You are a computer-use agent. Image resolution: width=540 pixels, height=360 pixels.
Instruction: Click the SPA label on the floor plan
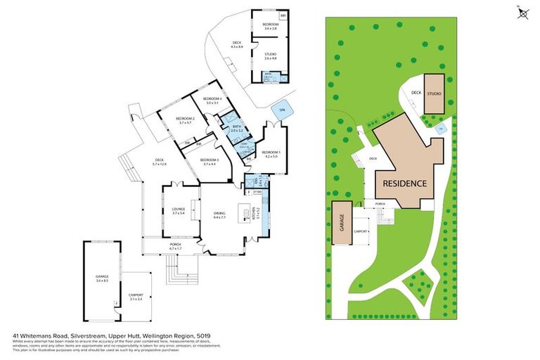[x=282, y=110]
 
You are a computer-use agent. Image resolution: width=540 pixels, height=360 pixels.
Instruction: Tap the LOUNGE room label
[x=178, y=208]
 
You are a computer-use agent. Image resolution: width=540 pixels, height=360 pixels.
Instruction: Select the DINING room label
[x=219, y=214]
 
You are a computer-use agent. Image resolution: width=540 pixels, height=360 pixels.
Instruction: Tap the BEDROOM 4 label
[x=212, y=101]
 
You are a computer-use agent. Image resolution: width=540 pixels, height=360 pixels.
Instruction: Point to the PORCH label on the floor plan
[x=175, y=246]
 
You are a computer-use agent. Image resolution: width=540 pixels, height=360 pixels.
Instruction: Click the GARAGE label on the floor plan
[x=102, y=278]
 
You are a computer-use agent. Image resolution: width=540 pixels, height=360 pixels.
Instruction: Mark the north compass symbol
[x=522, y=15]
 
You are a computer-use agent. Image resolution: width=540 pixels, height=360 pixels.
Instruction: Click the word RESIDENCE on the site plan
[x=404, y=184]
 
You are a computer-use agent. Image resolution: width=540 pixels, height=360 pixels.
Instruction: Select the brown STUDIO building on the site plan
[x=434, y=92]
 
